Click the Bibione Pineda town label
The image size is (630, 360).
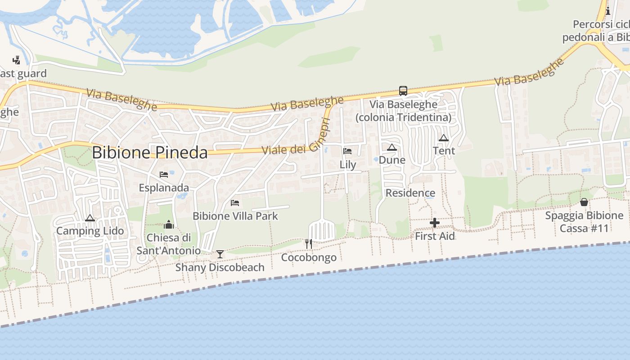point(149,153)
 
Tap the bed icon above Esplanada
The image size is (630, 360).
point(164,175)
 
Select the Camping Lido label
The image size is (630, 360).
point(90,231)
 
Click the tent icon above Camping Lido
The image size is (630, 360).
point(90,218)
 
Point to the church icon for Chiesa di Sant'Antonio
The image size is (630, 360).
point(169,224)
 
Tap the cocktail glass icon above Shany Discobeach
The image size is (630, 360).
point(220,254)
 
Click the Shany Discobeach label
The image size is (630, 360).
point(220,267)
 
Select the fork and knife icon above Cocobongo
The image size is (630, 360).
point(309,244)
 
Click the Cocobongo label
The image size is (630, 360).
point(309,257)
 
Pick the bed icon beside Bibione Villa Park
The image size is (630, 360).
point(235,203)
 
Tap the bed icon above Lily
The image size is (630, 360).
point(347,151)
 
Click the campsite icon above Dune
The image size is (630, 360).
point(392,147)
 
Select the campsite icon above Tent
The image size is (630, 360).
point(444,138)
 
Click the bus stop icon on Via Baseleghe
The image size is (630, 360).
point(403,91)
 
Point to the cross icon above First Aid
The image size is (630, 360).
point(435,223)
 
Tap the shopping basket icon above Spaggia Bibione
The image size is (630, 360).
point(584,202)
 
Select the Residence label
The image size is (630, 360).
point(410,193)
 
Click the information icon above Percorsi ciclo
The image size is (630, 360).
point(608,11)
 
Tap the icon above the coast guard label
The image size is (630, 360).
point(17,60)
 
